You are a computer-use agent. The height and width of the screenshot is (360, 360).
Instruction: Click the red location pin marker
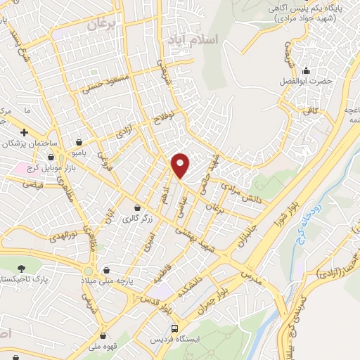tap(181, 165)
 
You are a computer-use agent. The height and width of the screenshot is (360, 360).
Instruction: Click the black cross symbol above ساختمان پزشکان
tap(24, 131)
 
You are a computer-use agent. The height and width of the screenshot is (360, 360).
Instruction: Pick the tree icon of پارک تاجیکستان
tap(22, 268)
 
